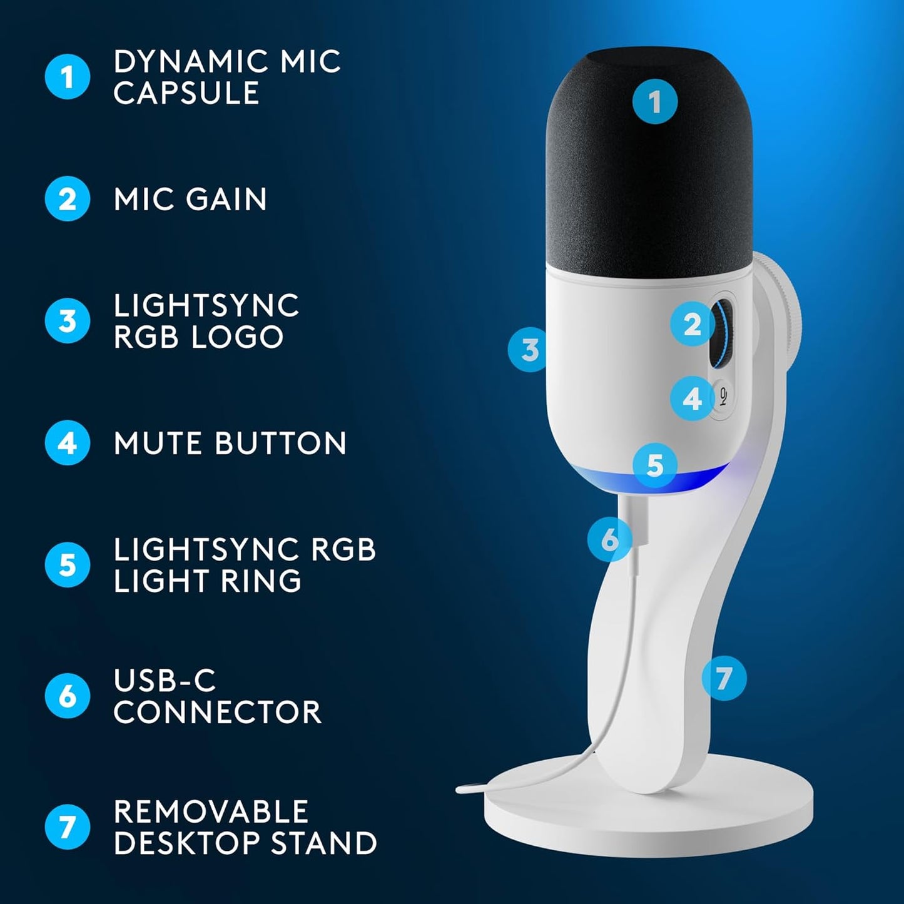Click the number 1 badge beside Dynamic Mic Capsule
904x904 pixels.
(x=67, y=77)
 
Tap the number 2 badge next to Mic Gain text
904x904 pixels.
(x=67, y=199)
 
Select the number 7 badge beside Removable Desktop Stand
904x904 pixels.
(x=67, y=826)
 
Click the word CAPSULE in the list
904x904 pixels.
(x=186, y=94)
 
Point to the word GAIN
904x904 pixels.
(x=226, y=200)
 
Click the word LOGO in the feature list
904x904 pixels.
(x=237, y=337)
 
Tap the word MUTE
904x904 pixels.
(x=159, y=444)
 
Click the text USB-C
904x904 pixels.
(x=165, y=681)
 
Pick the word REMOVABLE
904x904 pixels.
(x=211, y=812)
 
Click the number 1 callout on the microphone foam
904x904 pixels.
(x=654, y=101)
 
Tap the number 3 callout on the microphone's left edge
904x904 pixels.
(x=529, y=350)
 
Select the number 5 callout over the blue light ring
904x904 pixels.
(x=654, y=465)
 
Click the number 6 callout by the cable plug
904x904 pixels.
(x=609, y=539)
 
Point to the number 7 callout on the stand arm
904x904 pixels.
(x=724, y=678)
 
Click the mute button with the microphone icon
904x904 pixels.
(x=723, y=397)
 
